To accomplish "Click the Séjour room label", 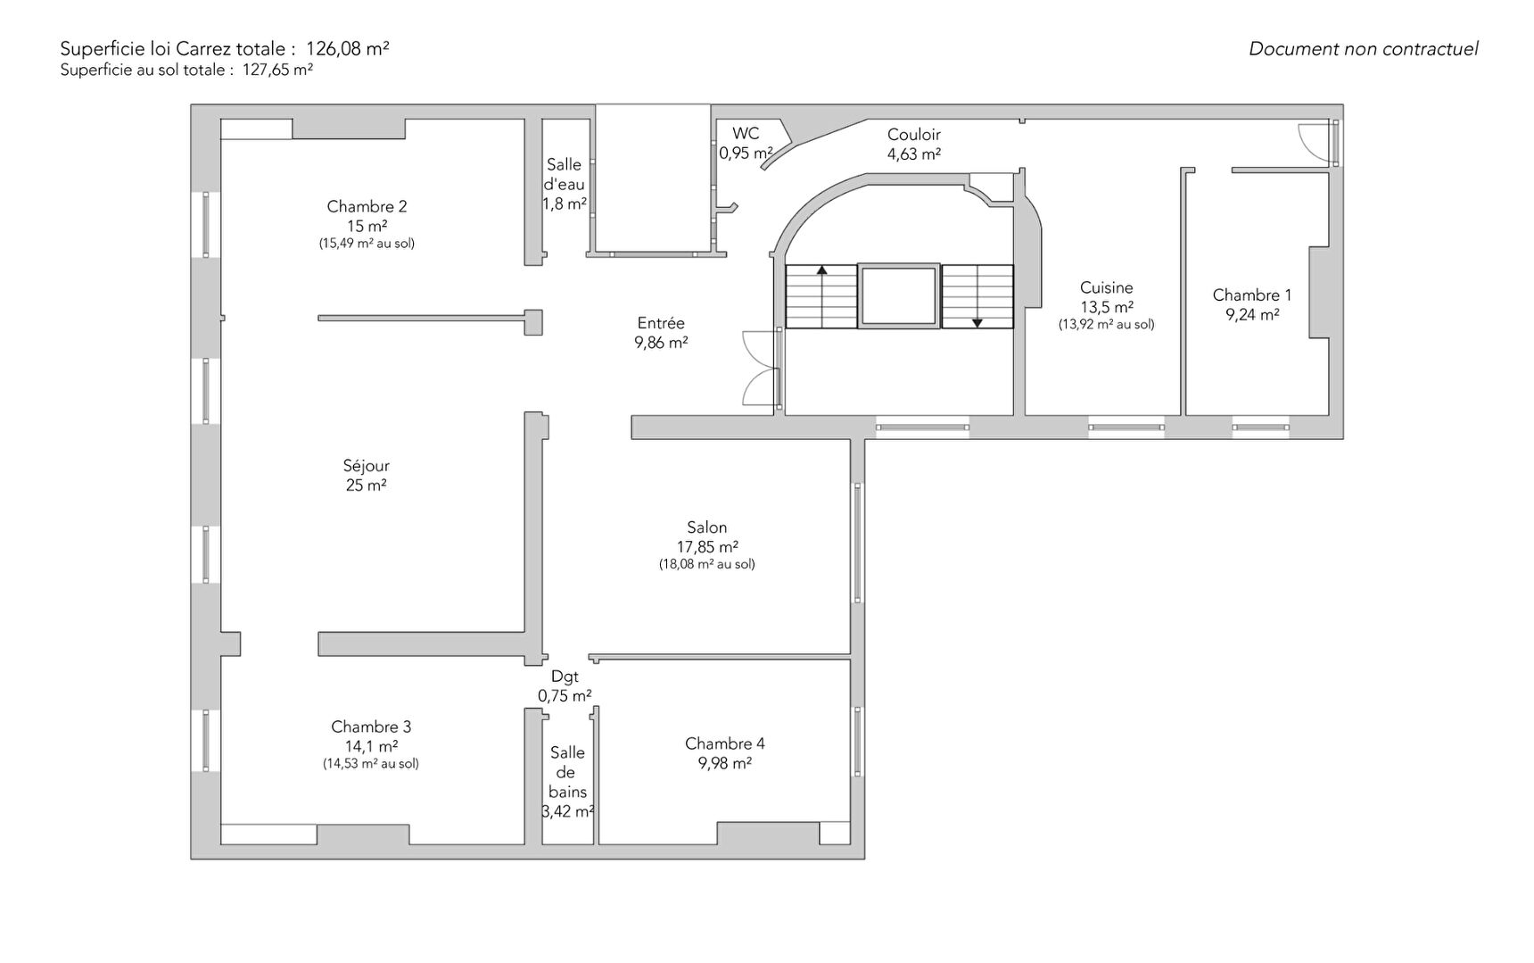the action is click(x=366, y=466).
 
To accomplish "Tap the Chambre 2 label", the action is click(x=367, y=207).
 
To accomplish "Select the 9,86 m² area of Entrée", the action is click(x=661, y=343).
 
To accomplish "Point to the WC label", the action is click(x=746, y=134).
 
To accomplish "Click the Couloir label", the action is click(x=913, y=135).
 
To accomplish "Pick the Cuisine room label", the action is click(x=1106, y=287).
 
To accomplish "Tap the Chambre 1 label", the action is click(x=1252, y=295).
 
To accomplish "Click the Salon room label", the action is click(x=707, y=527).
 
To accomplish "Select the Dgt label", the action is click(x=565, y=677).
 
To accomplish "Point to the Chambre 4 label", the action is click(x=725, y=743).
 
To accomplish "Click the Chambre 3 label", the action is click(x=371, y=727).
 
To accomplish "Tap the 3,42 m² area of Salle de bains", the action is click(x=568, y=812).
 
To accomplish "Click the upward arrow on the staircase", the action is click(x=821, y=295).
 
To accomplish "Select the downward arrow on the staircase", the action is click(x=977, y=297).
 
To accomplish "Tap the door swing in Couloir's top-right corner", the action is click(x=1318, y=143).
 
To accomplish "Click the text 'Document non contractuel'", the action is click(x=1364, y=49).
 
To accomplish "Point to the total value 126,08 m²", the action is click(x=348, y=49).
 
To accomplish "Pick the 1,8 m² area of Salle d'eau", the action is click(x=565, y=204).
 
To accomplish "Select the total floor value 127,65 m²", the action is click(x=277, y=70).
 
